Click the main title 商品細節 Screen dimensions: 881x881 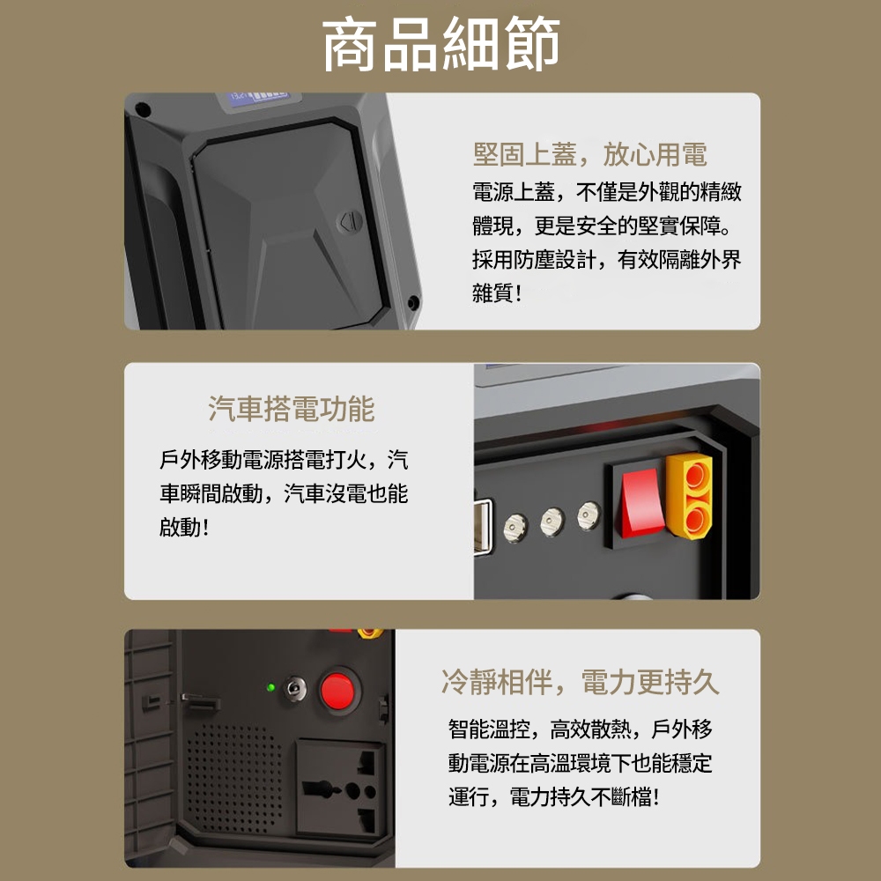[441, 44]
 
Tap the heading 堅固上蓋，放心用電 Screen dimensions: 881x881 [590, 154]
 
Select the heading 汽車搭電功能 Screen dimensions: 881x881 [291, 409]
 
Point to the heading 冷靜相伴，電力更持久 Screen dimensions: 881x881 [581, 682]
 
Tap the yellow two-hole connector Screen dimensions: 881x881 [690, 495]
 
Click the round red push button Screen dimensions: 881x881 [337, 691]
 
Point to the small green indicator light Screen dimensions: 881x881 [270, 687]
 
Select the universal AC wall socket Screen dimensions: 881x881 [340, 789]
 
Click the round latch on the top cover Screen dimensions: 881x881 [350, 222]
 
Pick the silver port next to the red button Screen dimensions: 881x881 [295, 689]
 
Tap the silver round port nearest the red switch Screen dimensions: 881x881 [589, 515]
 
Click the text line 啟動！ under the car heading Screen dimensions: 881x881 [185, 527]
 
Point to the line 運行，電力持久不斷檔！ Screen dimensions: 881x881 [554, 796]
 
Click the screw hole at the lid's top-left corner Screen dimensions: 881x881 [143, 109]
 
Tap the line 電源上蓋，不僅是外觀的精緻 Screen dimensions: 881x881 [607, 191]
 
